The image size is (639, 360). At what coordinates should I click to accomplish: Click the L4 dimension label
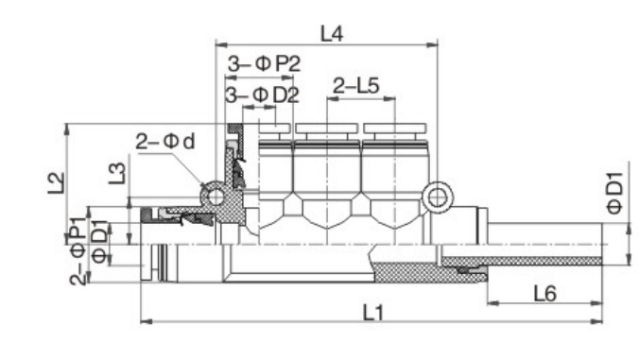click(x=332, y=34)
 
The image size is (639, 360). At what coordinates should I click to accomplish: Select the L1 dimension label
click(x=373, y=313)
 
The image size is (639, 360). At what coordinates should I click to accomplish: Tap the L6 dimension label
click(x=544, y=293)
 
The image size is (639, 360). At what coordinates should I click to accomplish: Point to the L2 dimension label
click(x=57, y=183)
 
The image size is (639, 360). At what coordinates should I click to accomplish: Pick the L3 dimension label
click(x=117, y=173)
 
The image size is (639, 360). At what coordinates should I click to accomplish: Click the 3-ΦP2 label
click(x=264, y=64)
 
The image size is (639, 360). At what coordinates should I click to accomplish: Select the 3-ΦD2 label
click(x=263, y=94)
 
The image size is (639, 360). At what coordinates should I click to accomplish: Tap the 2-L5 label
click(x=356, y=86)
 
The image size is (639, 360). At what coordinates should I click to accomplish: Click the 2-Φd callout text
click(x=165, y=142)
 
